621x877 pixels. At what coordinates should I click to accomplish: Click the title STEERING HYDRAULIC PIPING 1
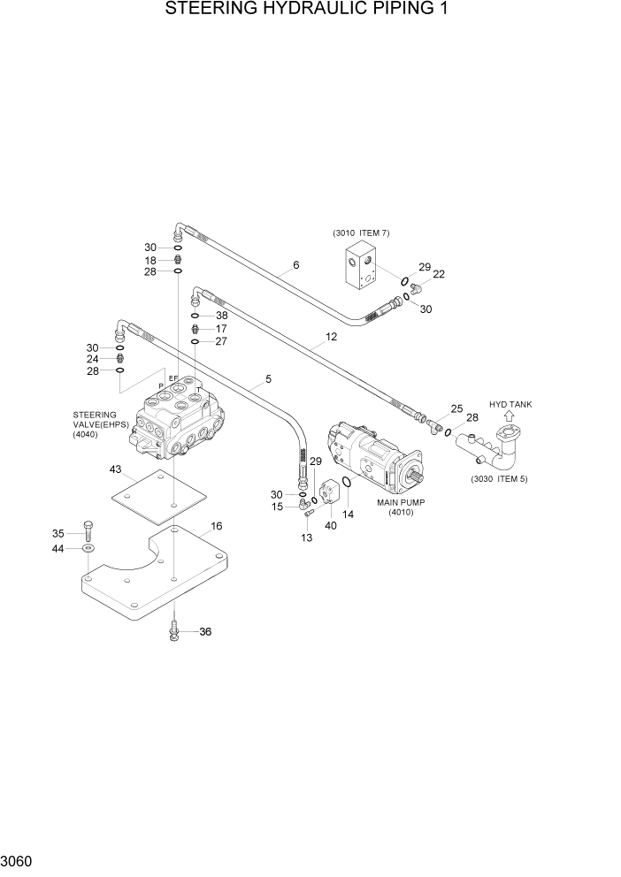tap(310, 11)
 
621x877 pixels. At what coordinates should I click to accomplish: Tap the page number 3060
tap(19, 860)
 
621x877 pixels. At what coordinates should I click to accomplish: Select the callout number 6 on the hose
tap(295, 265)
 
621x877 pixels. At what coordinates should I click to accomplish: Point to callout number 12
tap(332, 337)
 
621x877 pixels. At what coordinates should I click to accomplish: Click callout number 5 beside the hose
tap(268, 379)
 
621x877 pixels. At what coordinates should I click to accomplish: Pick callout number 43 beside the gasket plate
tap(116, 469)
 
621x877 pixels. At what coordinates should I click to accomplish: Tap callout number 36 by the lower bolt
tap(205, 632)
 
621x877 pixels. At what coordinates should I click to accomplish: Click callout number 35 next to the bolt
tap(58, 533)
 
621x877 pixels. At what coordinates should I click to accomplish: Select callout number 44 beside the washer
tap(58, 549)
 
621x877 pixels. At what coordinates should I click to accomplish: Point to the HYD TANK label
tap(510, 404)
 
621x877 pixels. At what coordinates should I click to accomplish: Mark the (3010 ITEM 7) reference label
tap(361, 233)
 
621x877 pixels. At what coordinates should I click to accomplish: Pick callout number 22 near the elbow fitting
tap(439, 274)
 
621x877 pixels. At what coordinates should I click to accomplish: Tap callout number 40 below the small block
tap(331, 526)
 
